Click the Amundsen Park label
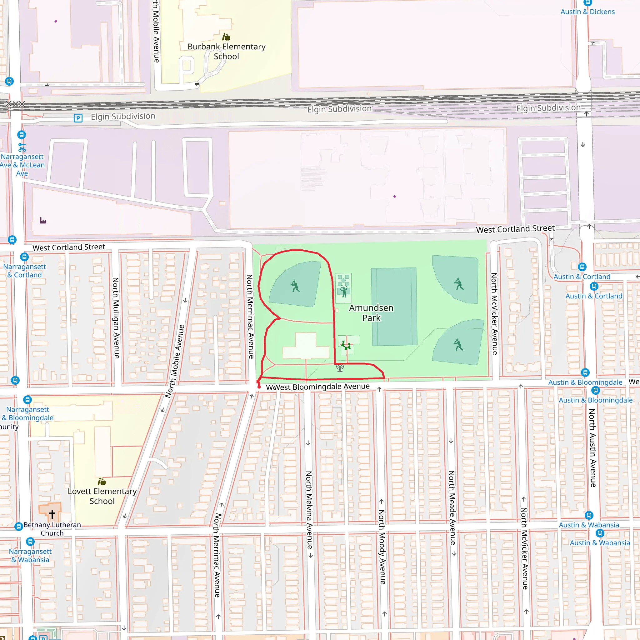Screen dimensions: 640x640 (371, 313)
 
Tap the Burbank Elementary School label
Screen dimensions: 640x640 (226, 51)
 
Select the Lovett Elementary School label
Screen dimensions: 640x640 (102, 496)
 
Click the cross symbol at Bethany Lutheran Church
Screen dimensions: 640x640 (52, 514)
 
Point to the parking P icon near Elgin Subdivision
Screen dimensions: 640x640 (78, 118)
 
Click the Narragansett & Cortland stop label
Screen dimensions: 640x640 (24, 271)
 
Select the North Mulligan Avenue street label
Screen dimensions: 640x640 (116, 318)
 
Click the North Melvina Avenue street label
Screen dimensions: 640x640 (309, 510)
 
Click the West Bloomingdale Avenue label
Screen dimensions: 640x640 (322, 387)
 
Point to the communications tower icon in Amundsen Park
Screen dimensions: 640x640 (340, 368)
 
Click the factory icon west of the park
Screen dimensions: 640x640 (43, 220)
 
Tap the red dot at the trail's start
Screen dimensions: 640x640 (259, 387)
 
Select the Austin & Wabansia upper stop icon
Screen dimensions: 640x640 (589, 515)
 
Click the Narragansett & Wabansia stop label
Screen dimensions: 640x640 (30, 556)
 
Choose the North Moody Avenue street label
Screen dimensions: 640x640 (382, 547)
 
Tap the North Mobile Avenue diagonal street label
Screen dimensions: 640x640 (175, 361)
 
